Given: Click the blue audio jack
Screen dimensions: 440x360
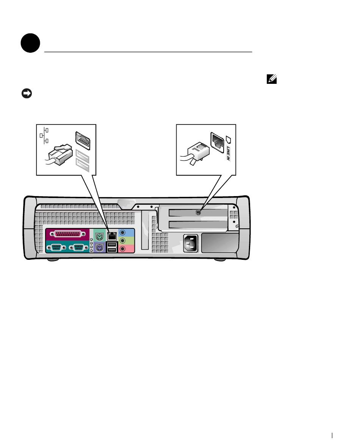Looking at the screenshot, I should coord(123,233).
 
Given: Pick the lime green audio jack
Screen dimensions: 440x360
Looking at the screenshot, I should coord(123,240).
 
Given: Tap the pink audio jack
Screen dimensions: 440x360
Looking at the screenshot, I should coord(123,248).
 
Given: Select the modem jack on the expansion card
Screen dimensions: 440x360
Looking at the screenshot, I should coord(197,213).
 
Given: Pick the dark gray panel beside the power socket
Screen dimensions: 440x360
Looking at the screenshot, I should coord(220,243).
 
